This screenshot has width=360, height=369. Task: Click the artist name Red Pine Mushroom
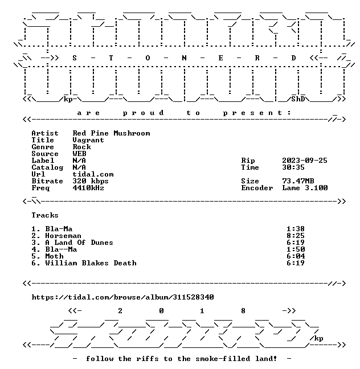(x=111, y=133)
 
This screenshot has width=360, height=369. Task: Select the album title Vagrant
(x=88, y=140)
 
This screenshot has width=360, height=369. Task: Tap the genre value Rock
(x=81, y=147)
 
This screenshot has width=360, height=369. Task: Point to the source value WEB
(x=79, y=154)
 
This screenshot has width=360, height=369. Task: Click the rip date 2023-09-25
(x=305, y=161)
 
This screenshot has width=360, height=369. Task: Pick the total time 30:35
(x=293, y=167)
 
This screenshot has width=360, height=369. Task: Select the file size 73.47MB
(x=298, y=181)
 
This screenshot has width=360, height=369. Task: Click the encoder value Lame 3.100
(x=305, y=188)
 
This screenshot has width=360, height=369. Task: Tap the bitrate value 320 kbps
(x=91, y=181)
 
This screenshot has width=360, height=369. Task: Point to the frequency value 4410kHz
(x=88, y=188)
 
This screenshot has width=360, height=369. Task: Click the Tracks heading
(x=45, y=215)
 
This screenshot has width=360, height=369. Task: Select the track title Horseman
(x=63, y=236)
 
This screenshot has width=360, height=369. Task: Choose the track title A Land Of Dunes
(x=79, y=243)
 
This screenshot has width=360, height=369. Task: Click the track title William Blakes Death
(x=91, y=263)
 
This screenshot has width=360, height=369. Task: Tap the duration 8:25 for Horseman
(x=296, y=236)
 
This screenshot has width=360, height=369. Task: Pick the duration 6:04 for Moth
(x=296, y=256)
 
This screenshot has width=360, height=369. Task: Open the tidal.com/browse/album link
(x=122, y=297)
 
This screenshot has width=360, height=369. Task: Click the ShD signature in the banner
(x=298, y=99)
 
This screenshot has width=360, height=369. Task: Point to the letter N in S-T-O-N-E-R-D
(x=184, y=58)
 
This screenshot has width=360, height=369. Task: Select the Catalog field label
(x=47, y=167)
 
